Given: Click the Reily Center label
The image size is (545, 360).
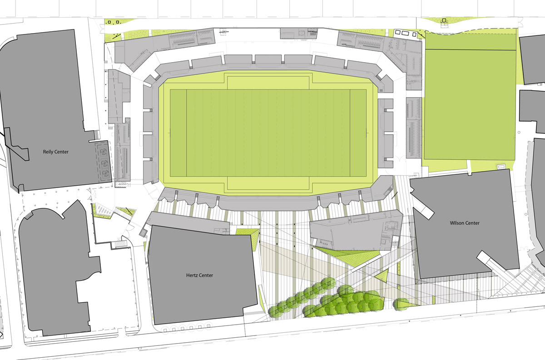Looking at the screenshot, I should pos(55,152).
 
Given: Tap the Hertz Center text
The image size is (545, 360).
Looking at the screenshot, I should pos(199,275).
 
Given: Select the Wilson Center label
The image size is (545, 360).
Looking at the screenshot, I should pos(464,223).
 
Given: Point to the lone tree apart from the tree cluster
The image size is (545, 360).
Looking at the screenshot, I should pos(401,303).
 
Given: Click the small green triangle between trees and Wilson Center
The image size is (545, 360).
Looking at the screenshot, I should pos(385,275).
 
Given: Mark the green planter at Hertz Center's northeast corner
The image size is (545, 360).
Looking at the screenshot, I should pos(248,232).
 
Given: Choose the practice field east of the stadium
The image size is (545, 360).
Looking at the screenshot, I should pos(470,104).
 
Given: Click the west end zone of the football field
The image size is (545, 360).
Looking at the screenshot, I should pos(178,133).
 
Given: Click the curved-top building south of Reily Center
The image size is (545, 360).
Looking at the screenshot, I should pos(57,272).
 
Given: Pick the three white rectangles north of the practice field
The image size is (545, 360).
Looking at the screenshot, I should pos(404,33).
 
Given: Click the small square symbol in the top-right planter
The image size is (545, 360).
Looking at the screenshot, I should pos(444,20).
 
